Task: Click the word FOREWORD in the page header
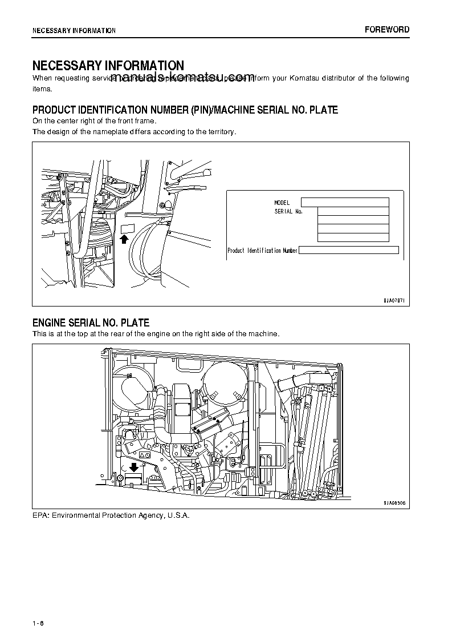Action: pyautogui.click(x=387, y=30)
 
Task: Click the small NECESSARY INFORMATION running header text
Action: pyautogui.click(x=74, y=31)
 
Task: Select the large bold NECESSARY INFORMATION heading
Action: pyautogui.click(x=108, y=66)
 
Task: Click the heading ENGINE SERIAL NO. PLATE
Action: pyautogui.click(x=91, y=323)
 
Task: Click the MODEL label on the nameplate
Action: pyautogui.click(x=282, y=203)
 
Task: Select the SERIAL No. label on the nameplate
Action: pyautogui.click(x=288, y=212)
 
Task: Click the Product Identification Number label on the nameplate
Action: pyautogui.click(x=262, y=251)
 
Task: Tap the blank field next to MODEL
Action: pyautogui.click(x=344, y=202)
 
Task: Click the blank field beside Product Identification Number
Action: pyautogui.click(x=348, y=249)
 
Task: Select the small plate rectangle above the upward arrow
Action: pyautogui.click(x=127, y=229)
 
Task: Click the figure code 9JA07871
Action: pyautogui.click(x=394, y=300)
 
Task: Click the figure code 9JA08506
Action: pyautogui.click(x=394, y=503)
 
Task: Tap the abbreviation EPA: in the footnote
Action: pyautogui.click(x=40, y=515)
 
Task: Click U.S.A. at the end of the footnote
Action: pyautogui.click(x=178, y=515)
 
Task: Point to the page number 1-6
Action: pyautogui.click(x=38, y=623)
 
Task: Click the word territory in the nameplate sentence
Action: pyautogui.click(x=221, y=132)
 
